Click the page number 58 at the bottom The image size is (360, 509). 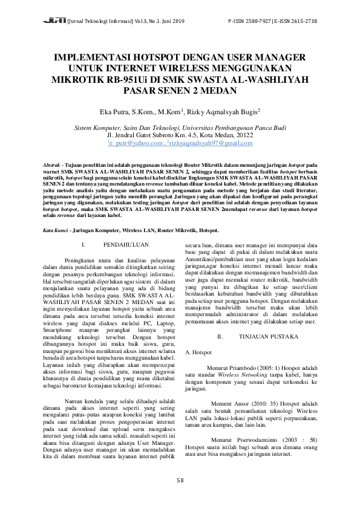click(x=180, y=481)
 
